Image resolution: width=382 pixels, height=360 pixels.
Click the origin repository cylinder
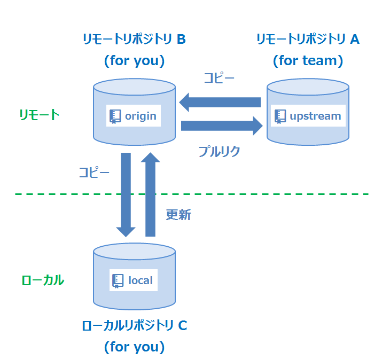point(134,134)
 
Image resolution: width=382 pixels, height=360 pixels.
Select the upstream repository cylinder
point(308,135)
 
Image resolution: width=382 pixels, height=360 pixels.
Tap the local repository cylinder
point(134,299)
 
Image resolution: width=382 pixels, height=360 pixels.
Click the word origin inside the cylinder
point(141,116)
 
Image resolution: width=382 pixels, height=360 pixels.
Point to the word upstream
point(315,116)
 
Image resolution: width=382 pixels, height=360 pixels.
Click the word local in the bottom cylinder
point(140,280)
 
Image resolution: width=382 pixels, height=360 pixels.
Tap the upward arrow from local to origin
point(150,194)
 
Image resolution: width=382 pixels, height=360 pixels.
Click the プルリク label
point(219,151)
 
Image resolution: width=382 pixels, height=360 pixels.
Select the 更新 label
point(178,215)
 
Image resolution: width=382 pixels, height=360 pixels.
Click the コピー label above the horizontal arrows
point(219,78)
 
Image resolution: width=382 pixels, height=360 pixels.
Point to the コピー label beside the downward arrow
point(94,173)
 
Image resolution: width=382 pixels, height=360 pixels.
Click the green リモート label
point(39,115)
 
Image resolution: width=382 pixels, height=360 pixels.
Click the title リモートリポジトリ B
point(134,39)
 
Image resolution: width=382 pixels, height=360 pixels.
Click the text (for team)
point(308,60)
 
